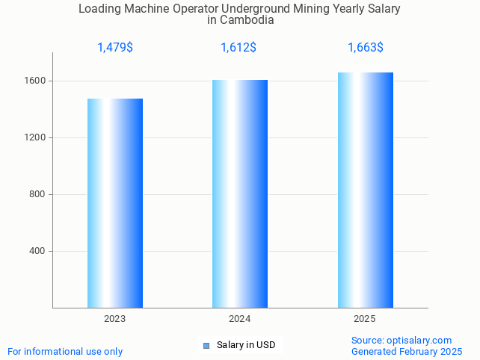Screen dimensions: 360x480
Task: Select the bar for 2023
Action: click(x=115, y=203)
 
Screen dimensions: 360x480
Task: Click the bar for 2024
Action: click(x=240, y=193)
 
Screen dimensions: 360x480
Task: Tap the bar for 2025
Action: click(x=365, y=190)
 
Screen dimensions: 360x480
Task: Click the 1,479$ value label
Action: click(x=115, y=48)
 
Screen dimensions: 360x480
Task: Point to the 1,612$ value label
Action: click(x=239, y=48)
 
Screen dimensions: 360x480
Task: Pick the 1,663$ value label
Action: click(x=366, y=48)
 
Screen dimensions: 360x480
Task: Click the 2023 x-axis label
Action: click(x=115, y=319)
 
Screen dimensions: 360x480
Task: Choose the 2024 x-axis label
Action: click(x=240, y=319)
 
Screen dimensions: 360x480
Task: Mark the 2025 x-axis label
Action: click(x=365, y=319)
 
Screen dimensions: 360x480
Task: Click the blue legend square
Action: click(x=206, y=345)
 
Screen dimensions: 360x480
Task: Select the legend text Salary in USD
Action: click(x=246, y=345)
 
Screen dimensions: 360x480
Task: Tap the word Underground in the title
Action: click(x=250, y=9)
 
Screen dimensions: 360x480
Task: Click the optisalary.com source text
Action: click(x=401, y=340)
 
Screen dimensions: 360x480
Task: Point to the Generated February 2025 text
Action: click(x=407, y=351)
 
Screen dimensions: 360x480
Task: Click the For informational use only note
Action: click(x=65, y=351)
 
